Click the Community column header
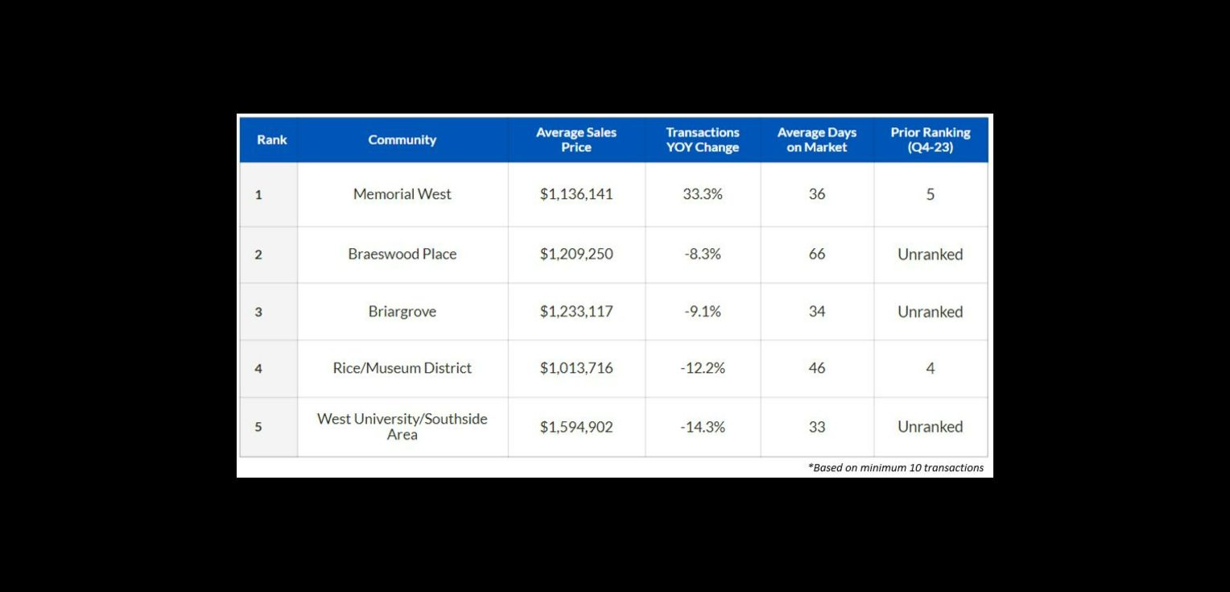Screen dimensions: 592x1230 point(402,139)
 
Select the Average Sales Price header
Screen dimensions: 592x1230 point(576,139)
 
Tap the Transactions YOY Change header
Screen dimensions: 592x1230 point(702,139)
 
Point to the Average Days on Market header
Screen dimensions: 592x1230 point(816,139)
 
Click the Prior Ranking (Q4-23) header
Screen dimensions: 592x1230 point(930,139)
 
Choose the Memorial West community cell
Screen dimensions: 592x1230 point(402,194)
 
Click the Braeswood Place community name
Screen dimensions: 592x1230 point(402,254)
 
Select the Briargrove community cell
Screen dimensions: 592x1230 point(402,312)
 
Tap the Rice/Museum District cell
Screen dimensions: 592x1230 point(402,368)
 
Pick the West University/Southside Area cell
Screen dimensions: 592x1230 point(402,426)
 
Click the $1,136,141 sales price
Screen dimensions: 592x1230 point(576,194)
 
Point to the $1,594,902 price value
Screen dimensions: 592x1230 point(576,427)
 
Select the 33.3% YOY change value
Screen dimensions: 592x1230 point(702,194)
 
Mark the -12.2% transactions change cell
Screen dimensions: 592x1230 point(702,368)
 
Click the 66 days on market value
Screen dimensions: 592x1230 point(816,254)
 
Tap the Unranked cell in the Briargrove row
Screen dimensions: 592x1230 point(930,312)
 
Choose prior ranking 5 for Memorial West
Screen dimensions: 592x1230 point(930,194)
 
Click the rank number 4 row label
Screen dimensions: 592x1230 point(258,369)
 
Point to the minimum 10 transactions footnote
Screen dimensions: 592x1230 point(896,467)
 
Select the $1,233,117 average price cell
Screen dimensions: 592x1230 point(576,312)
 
